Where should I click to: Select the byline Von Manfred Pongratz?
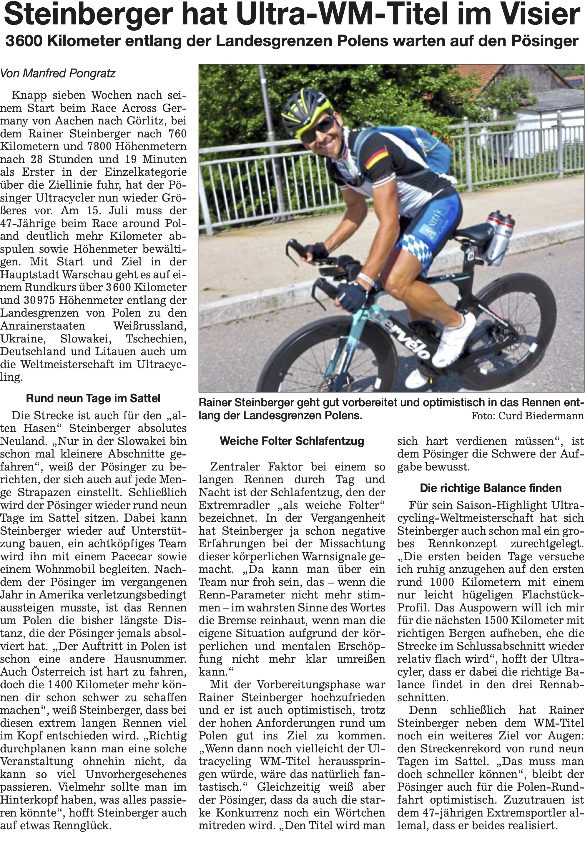(58, 74)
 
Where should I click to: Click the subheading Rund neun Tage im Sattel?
(93, 398)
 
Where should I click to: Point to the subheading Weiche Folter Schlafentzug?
(292, 441)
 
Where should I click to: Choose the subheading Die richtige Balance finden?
(491, 488)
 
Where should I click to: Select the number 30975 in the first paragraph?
(39, 300)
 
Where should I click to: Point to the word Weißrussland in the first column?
(149, 326)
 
